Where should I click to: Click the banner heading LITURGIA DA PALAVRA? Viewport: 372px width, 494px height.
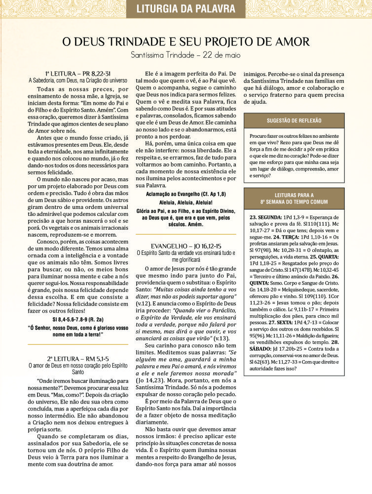coord(186,8)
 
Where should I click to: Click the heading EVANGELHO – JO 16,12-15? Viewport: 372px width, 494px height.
coord(186,246)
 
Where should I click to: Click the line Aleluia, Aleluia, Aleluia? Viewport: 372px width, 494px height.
coord(186,203)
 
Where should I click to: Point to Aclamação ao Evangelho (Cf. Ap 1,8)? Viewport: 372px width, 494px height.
coord(186,195)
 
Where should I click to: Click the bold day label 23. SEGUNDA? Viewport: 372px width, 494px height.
coord(266,217)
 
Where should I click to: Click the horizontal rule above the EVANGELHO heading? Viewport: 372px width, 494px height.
coord(186,234)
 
